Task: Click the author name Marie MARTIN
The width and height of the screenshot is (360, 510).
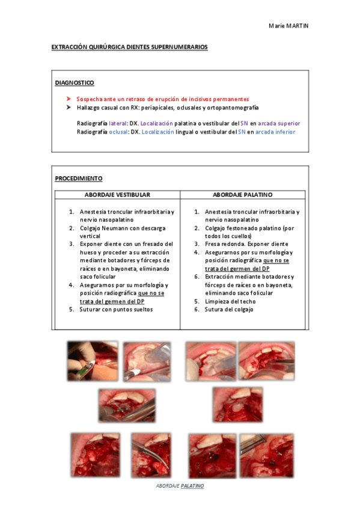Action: [289, 26]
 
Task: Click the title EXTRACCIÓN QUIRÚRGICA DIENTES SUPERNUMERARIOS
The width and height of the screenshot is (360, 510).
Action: [130, 46]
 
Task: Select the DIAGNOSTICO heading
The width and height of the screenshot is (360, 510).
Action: [74, 82]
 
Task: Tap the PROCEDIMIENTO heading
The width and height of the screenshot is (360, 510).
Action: [78, 179]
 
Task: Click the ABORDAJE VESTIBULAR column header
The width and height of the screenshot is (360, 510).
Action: [117, 195]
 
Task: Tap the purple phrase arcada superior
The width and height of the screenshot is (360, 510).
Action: [279, 123]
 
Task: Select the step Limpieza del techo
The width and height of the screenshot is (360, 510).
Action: [230, 301]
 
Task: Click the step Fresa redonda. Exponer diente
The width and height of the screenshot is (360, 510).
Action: [237, 244]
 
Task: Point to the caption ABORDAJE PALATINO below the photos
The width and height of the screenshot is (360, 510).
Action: [180, 485]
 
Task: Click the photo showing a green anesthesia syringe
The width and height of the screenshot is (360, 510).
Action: [92, 361]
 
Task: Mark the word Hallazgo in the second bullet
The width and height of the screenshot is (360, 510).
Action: [90, 108]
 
